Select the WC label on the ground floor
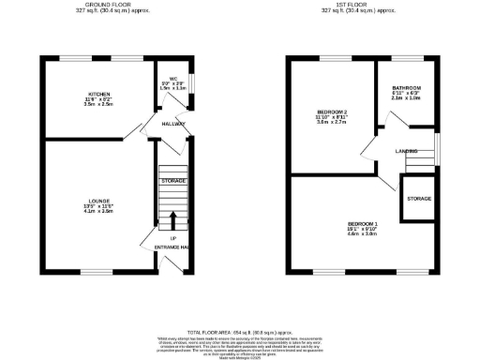pos(173,78)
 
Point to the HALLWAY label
pos(173,124)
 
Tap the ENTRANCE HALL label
pos(172,247)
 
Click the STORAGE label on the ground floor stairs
pos(172,179)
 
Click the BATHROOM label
pos(407,87)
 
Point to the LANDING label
pos(406,151)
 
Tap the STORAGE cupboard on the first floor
pos(419,200)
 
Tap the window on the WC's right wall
pos(191,82)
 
